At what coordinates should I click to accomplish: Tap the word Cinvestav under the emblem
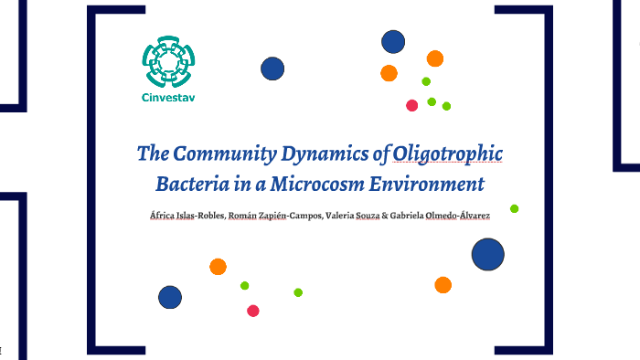pyautogui.click(x=169, y=98)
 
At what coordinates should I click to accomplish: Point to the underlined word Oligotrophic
pyautogui.click(x=447, y=153)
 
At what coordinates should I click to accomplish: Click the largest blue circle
pyautogui.click(x=488, y=254)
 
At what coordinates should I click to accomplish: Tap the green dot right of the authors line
pyautogui.click(x=515, y=208)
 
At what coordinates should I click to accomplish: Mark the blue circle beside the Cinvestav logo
pyautogui.click(x=272, y=69)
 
